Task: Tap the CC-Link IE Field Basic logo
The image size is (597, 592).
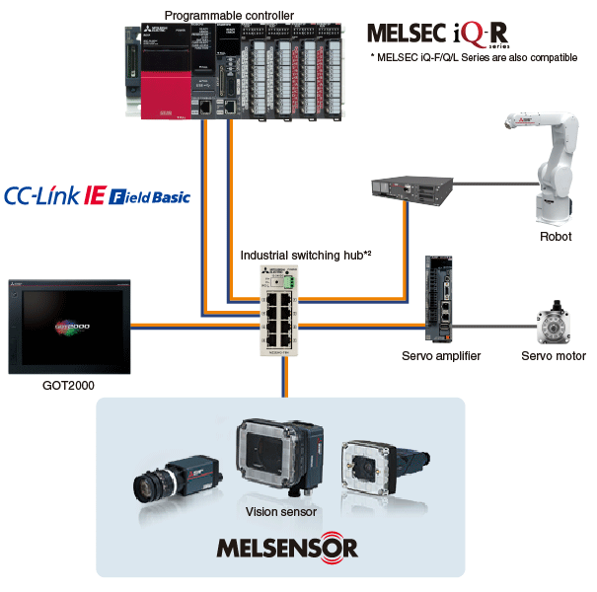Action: coord(98,195)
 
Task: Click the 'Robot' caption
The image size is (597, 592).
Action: coord(556,237)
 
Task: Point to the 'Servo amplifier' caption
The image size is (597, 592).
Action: coord(441,355)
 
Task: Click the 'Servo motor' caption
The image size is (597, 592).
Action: coord(553,355)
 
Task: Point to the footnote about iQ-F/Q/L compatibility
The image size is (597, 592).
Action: coord(474,58)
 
